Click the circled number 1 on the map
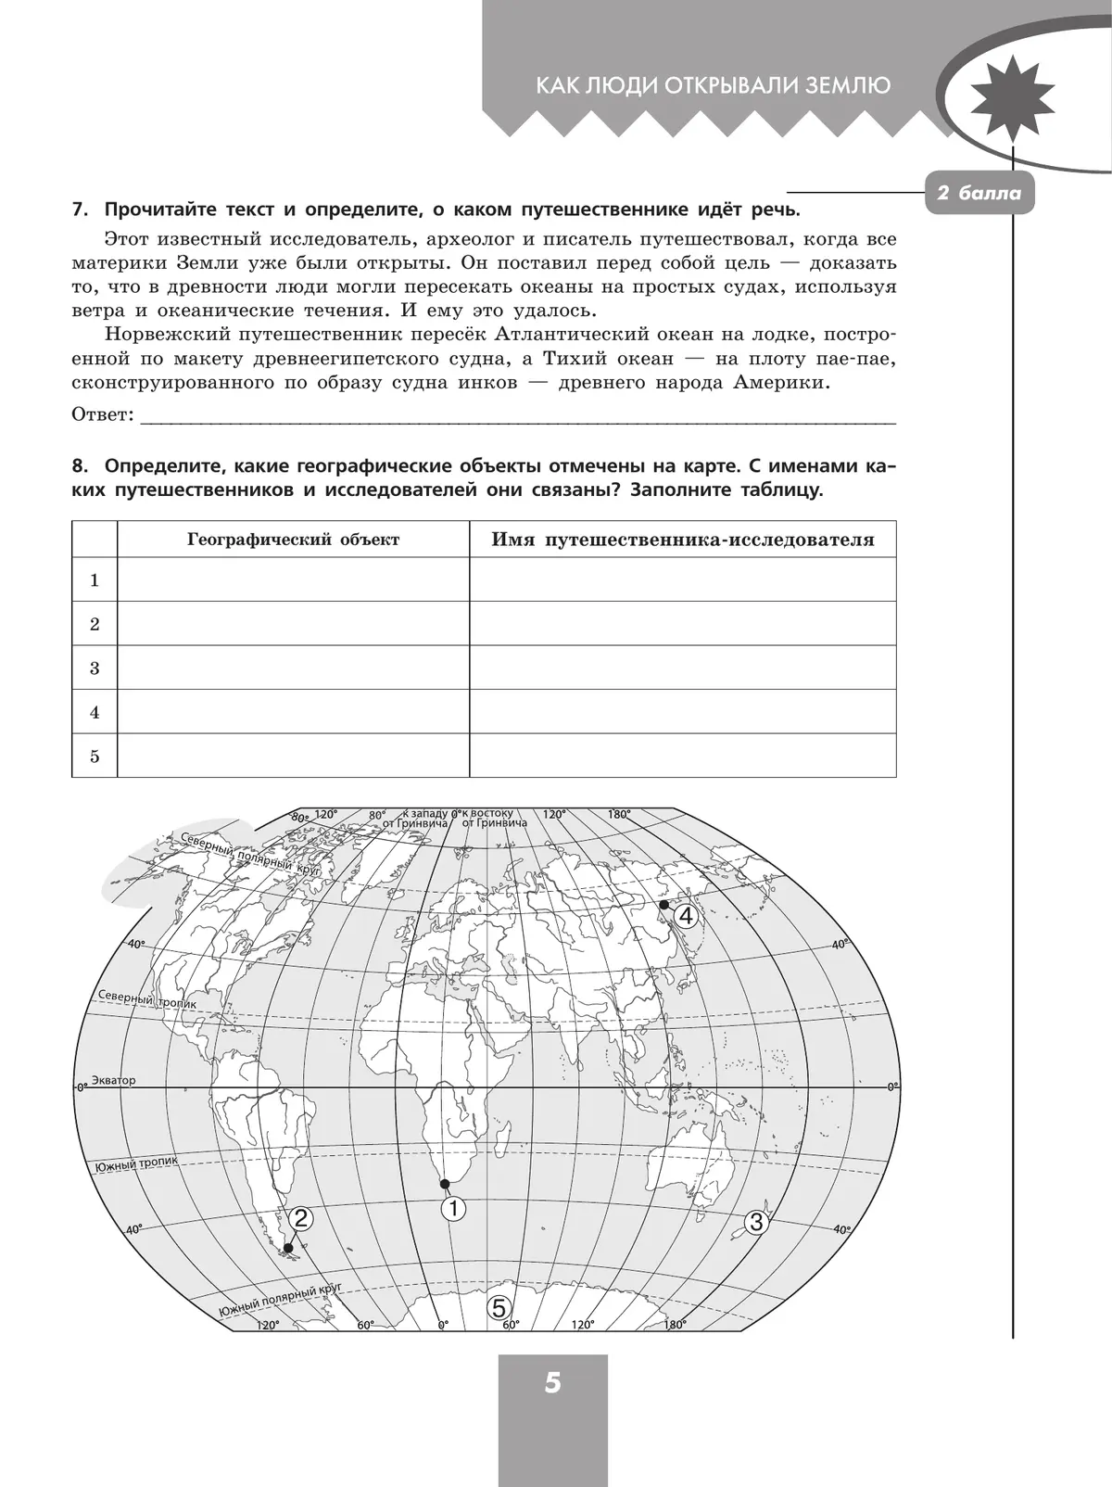point(453,1209)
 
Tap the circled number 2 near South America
point(299,1218)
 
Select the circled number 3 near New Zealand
point(756,1222)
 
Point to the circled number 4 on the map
point(685,917)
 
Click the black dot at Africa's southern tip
point(445,1184)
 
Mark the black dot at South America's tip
point(288,1248)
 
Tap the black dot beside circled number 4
point(663,905)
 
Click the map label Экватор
point(114,1081)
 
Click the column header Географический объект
point(294,540)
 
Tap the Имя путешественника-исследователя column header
point(683,540)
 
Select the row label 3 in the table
point(95,667)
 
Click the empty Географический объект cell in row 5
point(294,756)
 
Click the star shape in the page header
point(1013,97)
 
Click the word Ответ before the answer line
point(102,414)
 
